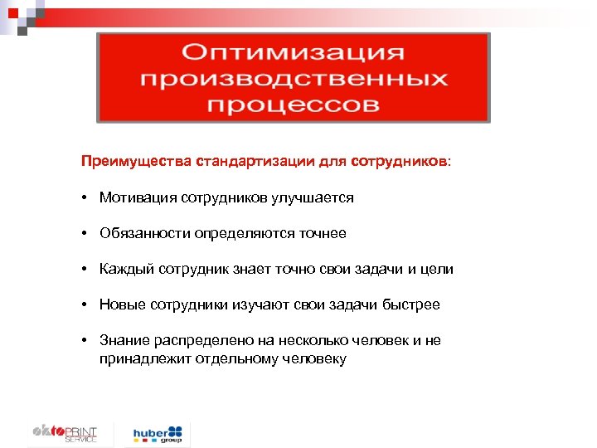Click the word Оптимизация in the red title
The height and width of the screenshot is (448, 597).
point(294,53)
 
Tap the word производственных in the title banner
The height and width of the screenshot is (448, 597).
point(294,80)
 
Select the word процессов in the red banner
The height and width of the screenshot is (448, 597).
point(294,105)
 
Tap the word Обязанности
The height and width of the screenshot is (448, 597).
point(145,234)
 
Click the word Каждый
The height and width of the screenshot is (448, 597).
point(124,270)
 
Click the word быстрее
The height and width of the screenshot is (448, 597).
point(412,305)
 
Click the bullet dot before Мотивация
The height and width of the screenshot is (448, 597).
point(85,197)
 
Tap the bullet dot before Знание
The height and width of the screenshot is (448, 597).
point(85,341)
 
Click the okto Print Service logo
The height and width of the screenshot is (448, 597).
point(65,433)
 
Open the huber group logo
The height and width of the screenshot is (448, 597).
point(158,434)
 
